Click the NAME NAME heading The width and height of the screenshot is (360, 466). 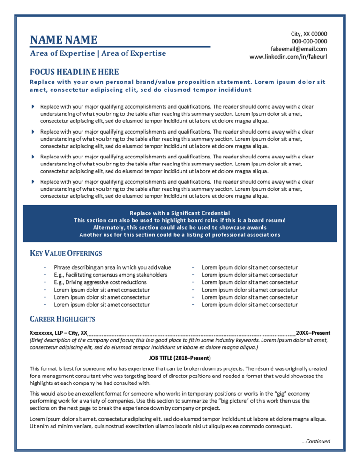[64, 39]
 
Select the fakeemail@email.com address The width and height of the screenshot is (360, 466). [299, 49]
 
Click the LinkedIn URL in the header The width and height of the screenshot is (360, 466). [288, 56]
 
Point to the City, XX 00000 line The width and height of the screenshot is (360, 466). [309, 34]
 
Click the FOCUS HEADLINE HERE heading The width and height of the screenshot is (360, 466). [74, 72]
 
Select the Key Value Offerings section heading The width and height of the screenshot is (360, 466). [66, 253]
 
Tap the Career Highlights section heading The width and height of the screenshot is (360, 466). [62, 319]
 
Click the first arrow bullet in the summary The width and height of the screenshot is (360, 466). [33, 107]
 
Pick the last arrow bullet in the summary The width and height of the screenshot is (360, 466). [33, 181]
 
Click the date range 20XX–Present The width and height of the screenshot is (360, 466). [313, 333]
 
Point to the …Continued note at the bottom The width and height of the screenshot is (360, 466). [316, 441]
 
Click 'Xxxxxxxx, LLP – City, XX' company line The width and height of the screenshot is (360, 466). [59, 333]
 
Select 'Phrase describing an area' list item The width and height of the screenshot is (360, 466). [112, 267]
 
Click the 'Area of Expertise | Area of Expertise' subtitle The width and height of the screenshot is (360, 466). [98, 53]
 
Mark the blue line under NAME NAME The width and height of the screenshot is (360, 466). [120, 47]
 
